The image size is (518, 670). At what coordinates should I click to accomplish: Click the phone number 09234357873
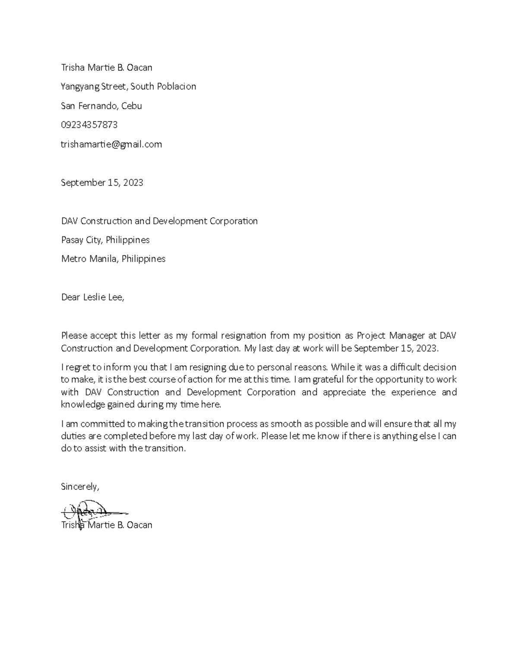pyautogui.click(x=89, y=125)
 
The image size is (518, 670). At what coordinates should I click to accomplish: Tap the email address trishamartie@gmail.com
pyautogui.click(x=111, y=144)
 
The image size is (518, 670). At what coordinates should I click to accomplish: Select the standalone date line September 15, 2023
pyautogui.click(x=102, y=182)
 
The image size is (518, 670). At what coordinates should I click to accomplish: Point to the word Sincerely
pyautogui.click(x=80, y=487)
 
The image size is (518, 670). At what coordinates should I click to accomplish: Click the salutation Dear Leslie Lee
pyautogui.click(x=92, y=297)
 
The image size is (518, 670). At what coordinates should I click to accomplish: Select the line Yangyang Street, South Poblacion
pyautogui.click(x=128, y=86)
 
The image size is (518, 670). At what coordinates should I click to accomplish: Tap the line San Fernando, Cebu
pyautogui.click(x=101, y=106)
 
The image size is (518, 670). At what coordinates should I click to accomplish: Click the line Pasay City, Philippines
pyautogui.click(x=105, y=240)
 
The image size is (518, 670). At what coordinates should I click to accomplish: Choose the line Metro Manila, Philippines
pyautogui.click(x=113, y=259)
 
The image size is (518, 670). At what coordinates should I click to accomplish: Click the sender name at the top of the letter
pyautogui.click(x=106, y=67)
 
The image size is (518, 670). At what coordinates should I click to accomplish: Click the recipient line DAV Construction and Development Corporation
pyautogui.click(x=159, y=221)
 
